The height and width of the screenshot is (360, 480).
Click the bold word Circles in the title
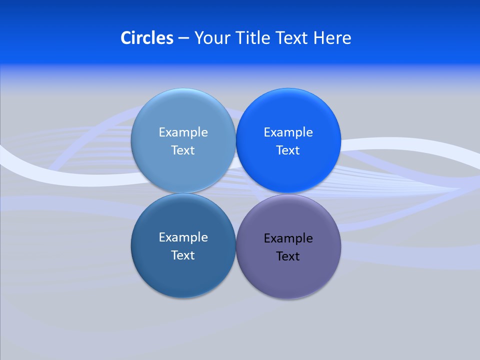pyautogui.click(x=146, y=38)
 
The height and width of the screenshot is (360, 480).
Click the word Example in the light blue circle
pyautogui.click(x=183, y=132)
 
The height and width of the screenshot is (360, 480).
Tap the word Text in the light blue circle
pyautogui.click(x=183, y=150)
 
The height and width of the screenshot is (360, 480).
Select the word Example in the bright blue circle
pyautogui.click(x=288, y=132)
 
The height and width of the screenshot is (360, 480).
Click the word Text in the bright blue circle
pyautogui.click(x=288, y=150)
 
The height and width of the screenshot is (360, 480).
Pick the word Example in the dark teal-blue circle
pyautogui.click(x=183, y=237)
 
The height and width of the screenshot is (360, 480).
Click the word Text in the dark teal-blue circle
pyautogui.click(x=183, y=255)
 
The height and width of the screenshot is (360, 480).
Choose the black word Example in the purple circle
pyautogui.click(x=288, y=238)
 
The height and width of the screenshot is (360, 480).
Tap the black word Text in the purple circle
pyautogui.click(x=288, y=256)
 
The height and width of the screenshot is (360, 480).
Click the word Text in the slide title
pyautogui.click(x=292, y=38)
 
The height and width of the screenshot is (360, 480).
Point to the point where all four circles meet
pyautogui.click(x=235, y=193)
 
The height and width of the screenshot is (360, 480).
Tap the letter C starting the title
pyautogui.click(x=125, y=38)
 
